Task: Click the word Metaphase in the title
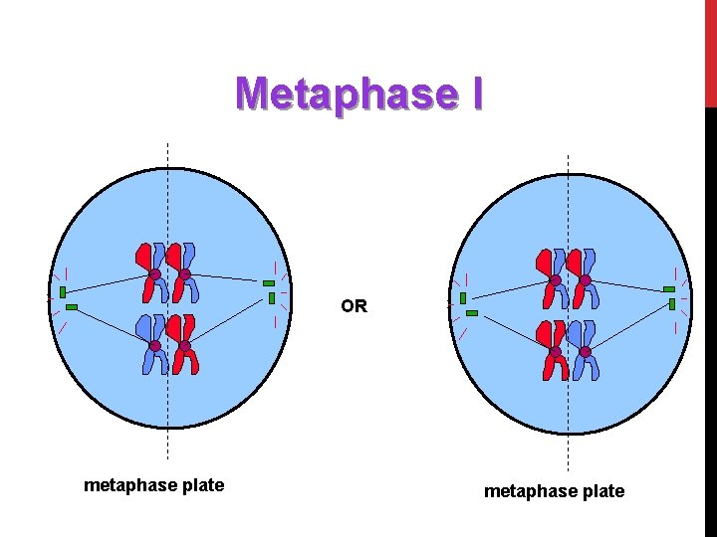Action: coord(342,94)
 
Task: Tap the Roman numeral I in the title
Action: coord(476,94)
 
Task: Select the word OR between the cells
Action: coord(354,306)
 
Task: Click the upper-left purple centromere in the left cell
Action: coord(155,274)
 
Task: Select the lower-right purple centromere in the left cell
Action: coord(184,346)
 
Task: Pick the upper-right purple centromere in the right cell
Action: coord(585,281)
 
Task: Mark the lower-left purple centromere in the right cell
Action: coord(555,352)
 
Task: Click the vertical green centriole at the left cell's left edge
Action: coord(63,292)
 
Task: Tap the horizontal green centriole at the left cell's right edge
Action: coord(269,283)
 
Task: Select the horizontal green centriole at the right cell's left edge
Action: coord(472,313)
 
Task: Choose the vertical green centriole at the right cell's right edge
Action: coord(672,303)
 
